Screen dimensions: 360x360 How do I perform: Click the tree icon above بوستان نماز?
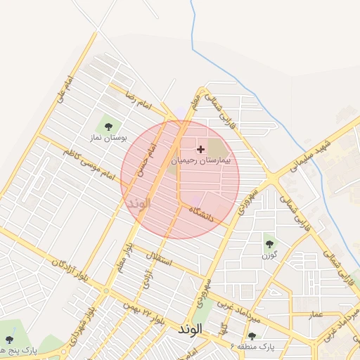click(x=108, y=127)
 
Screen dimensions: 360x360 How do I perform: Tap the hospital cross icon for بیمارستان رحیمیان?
click(x=201, y=149)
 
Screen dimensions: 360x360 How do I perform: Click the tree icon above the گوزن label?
click(x=269, y=244)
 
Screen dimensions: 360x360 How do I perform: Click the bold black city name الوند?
click(x=191, y=329)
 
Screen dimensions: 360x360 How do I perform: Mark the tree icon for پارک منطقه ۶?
click(x=252, y=336)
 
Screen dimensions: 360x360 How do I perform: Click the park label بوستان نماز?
click(x=108, y=138)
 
